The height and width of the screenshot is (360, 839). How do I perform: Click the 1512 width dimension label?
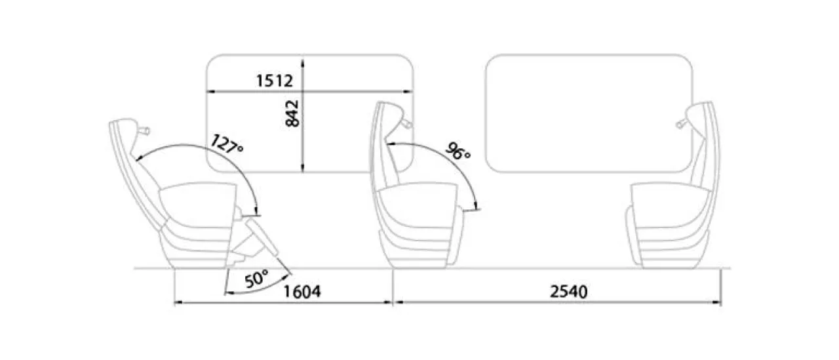click(x=274, y=81)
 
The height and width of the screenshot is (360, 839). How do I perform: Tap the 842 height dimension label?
click(x=292, y=113)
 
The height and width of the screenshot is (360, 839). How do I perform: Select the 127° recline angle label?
click(x=227, y=144)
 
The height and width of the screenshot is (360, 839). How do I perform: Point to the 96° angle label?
click(x=458, y=151)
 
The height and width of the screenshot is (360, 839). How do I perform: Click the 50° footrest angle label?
click(x=257, y=279)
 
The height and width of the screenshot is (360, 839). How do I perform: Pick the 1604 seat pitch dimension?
click(x=302, y=291)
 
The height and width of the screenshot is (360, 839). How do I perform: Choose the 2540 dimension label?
click(x=568, y=291)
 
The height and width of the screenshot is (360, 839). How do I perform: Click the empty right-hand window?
click(x=589, y=113)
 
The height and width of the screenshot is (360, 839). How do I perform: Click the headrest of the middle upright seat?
click(x=389, y=120)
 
